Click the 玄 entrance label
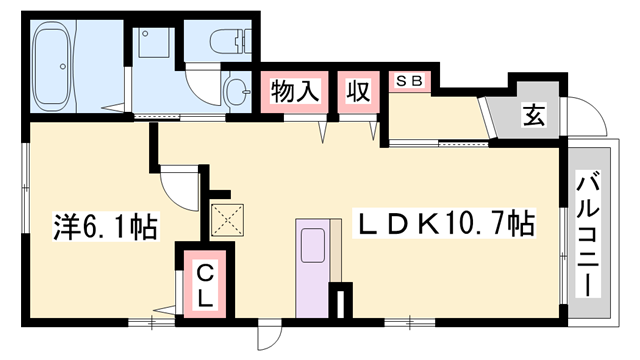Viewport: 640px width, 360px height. (533, 114)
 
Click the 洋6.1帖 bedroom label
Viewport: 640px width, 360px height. (104, 228)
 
